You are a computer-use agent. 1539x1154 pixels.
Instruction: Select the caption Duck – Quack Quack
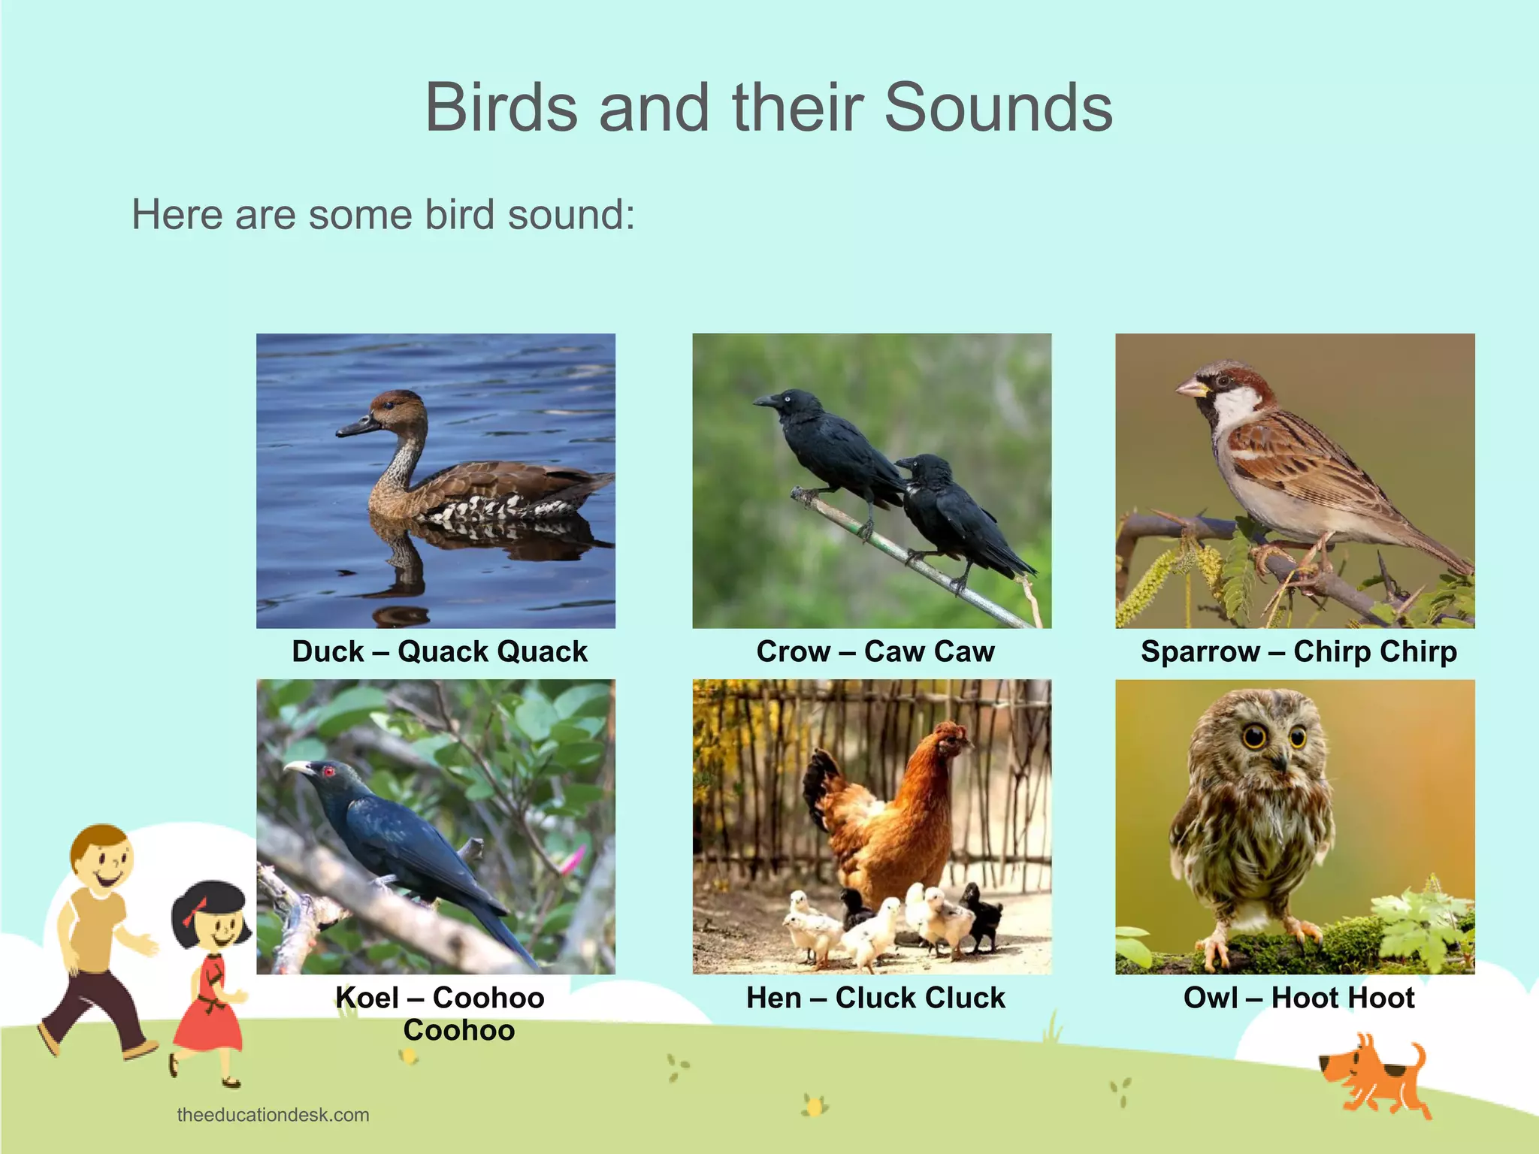(440, 651)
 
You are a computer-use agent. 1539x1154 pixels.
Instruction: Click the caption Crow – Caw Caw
(875, 651)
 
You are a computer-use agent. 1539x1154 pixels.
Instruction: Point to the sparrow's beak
(1190, 388)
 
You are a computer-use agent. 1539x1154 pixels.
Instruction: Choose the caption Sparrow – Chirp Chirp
(1299, 651)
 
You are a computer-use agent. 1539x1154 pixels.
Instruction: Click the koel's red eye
(328, 771)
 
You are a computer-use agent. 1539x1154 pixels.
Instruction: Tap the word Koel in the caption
(367, 998)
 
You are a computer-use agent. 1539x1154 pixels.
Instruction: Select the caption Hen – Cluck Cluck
(875, 998)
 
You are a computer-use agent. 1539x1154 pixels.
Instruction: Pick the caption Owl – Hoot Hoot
(1299, 998)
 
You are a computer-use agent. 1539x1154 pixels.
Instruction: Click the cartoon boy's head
(102, 856)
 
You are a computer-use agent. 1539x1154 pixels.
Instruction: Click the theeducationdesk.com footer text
(273, 1115)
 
